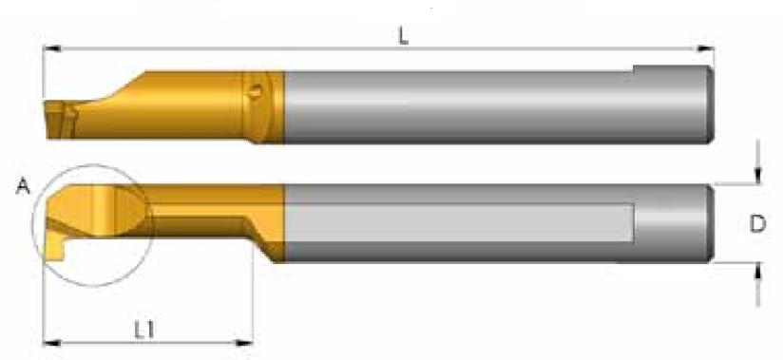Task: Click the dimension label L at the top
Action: pos(403,36)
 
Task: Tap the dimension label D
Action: pos(758,223)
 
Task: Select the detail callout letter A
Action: pos(23,187)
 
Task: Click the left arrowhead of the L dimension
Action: pos(52,48)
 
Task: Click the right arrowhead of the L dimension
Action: pos(706,48)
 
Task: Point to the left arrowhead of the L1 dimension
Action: pos(52,343)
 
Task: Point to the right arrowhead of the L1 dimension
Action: pos(244,343)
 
